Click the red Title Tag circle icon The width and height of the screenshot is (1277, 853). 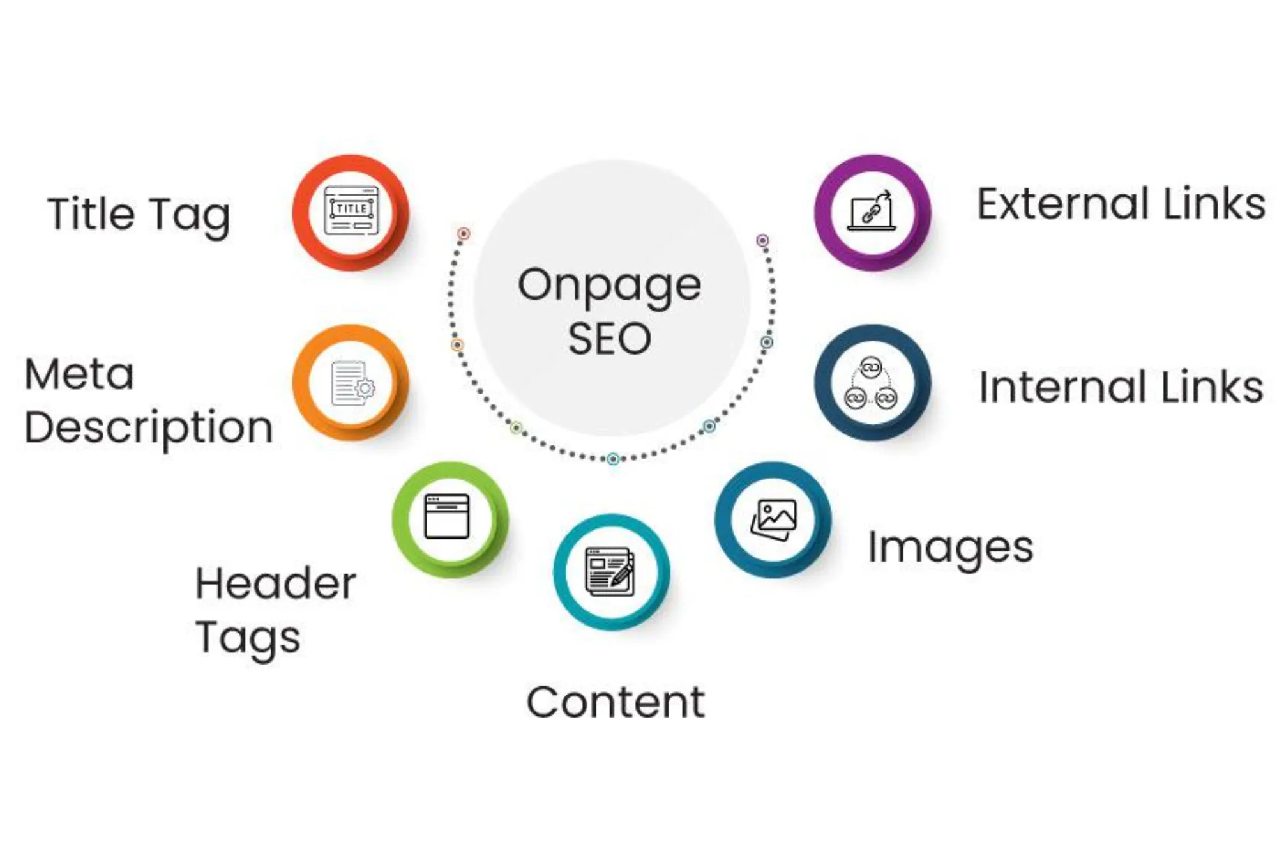pos(351,212)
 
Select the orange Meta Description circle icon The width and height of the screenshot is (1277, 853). pos(351,383)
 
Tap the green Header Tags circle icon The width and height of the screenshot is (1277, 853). pos(450,519)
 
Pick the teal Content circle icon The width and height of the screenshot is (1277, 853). pos(611,572)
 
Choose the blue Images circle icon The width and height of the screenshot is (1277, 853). pos(773,519)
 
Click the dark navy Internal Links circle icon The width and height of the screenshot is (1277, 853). pos(872,383)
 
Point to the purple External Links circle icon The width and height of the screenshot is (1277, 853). pos(872,212)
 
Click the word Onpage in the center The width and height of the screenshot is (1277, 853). pos(609,286)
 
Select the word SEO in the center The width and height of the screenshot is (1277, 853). pos(609,339)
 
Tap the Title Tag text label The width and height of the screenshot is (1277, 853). pos(139,215)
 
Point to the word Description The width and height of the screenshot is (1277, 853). pos(149,428)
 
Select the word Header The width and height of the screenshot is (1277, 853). pos(275,584)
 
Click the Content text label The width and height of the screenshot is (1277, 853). pos(616,702)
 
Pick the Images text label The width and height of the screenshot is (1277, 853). pos(950,548)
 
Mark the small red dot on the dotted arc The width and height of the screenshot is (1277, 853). pos(464,234)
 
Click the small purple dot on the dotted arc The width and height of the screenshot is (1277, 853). pos(762,241)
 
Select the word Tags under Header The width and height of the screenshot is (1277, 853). pos(248,638)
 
